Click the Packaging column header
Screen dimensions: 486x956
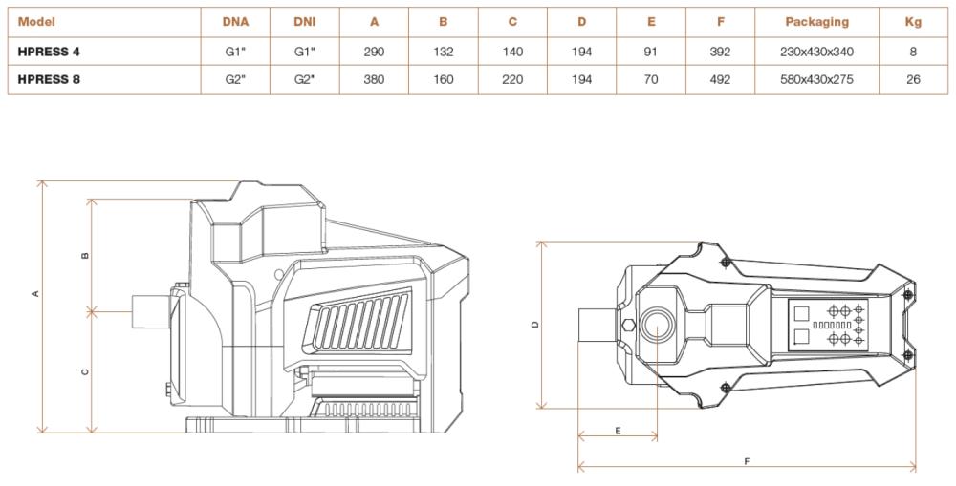coord(816,21)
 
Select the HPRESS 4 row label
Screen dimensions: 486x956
coord(49,53)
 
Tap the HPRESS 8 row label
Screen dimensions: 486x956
coord(49,79)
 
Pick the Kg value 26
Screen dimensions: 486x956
coord(913,79)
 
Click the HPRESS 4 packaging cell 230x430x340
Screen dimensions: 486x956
coord(816,53)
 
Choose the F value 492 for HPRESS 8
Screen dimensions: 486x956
coord(720,79)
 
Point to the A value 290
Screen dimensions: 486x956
coord(374,53)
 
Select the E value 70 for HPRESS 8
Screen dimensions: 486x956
coord(650,79)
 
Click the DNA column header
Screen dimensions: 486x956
coord(235,21)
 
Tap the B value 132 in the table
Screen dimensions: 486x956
coord(443,53)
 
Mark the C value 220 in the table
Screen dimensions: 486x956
coord(512,79)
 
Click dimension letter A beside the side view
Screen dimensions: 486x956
coord(35,293)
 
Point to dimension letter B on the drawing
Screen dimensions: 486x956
coord(85,255)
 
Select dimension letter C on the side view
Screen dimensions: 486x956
coord(85,371)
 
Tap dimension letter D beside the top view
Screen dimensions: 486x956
coord(535,325)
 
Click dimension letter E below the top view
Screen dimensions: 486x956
coord(618,431)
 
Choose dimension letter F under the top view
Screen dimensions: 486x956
coord(747,461)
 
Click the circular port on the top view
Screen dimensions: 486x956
coord(659,326)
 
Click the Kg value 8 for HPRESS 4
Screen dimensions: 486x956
coord(913,53)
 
